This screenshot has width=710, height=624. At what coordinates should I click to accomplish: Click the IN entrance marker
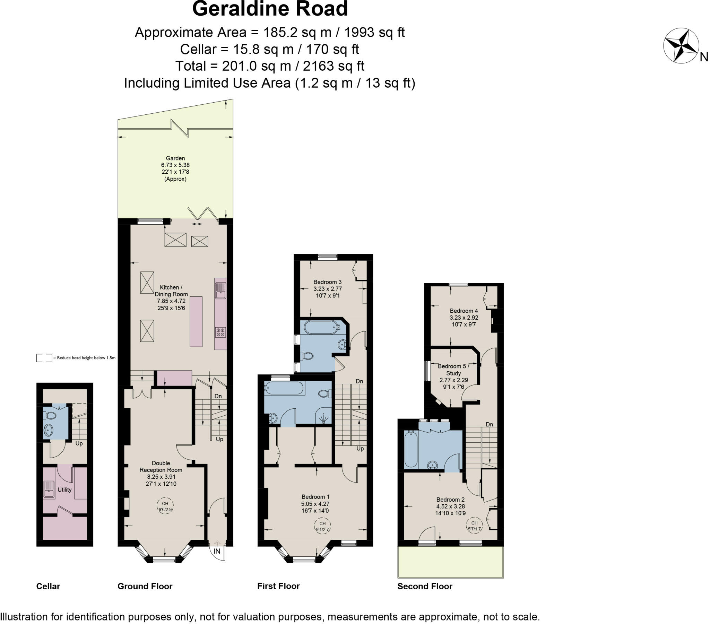coord(217,551)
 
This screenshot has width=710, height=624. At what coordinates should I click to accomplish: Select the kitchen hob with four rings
coord(220,332)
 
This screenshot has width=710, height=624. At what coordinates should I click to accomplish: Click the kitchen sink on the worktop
coord(220,291)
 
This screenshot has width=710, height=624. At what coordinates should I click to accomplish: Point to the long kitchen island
coord(196,321)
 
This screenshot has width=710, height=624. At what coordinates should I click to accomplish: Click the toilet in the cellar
coord(50,416)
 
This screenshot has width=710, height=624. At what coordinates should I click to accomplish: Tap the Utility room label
coord(64,489)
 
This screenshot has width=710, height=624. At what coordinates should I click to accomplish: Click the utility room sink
coord(49,489)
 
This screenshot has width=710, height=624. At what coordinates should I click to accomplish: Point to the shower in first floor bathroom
coord(324,418)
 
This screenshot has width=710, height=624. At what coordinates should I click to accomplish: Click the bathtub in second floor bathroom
coord(410,449)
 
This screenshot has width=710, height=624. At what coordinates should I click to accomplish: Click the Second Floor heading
coord(424,586)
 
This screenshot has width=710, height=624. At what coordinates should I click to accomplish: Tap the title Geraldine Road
coord(270,9)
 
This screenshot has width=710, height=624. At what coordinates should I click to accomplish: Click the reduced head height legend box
coord(44,358)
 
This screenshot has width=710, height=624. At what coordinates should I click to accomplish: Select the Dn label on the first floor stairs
coord(359,381)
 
